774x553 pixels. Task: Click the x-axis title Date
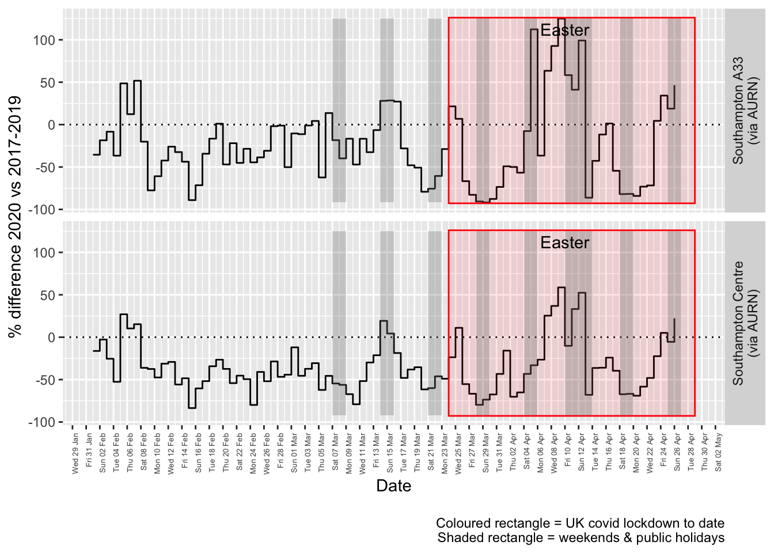393,486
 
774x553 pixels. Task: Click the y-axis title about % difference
15,216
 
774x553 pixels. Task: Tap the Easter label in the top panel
564,30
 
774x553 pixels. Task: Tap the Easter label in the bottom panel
564,243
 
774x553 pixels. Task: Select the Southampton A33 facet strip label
745,110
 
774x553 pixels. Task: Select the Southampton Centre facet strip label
745,323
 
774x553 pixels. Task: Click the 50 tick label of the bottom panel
47,296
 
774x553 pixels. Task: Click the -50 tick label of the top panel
44,168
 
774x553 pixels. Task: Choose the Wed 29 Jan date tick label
75,453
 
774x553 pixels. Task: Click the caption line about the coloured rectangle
580,523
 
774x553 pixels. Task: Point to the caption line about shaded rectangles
580,538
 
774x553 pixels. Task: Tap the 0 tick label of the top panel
52,125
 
